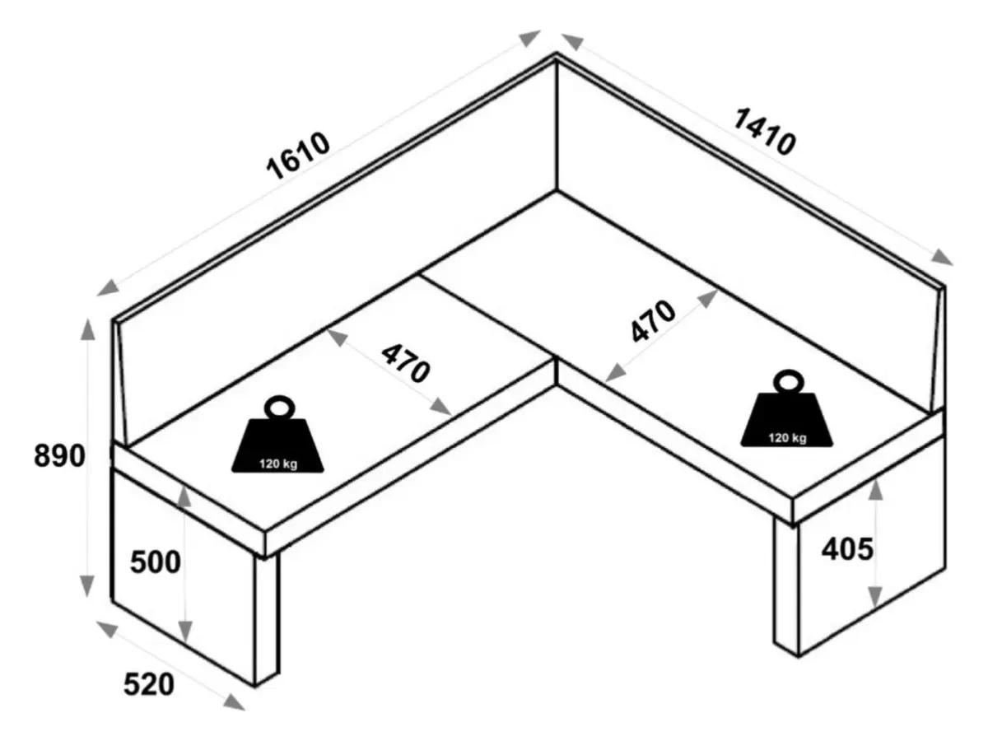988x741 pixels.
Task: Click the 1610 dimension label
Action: coord(298,156)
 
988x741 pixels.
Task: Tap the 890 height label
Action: coord(59,455)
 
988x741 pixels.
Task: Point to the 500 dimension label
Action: coord(155,562)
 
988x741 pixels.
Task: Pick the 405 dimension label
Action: coord(846,548)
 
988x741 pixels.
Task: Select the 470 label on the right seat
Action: coord(653,320)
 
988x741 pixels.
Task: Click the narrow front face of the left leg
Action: coord(267,617)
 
